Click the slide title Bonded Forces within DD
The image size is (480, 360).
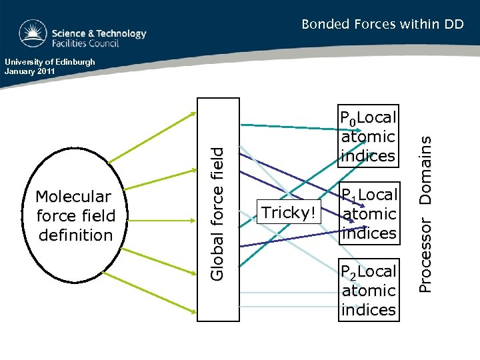[382, 25]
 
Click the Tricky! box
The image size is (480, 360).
[289, 213]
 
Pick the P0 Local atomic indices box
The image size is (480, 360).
[368, 137]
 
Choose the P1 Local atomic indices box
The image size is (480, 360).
[369, 213]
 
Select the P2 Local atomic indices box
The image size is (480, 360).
[368, 290]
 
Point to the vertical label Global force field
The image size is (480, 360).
[218, 213]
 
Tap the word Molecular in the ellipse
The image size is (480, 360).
[73, 197]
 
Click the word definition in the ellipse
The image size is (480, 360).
[76, 235]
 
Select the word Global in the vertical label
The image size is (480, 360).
[218, 255]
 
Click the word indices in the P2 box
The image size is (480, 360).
[368, 310]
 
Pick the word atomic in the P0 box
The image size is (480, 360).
[368, 137]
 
